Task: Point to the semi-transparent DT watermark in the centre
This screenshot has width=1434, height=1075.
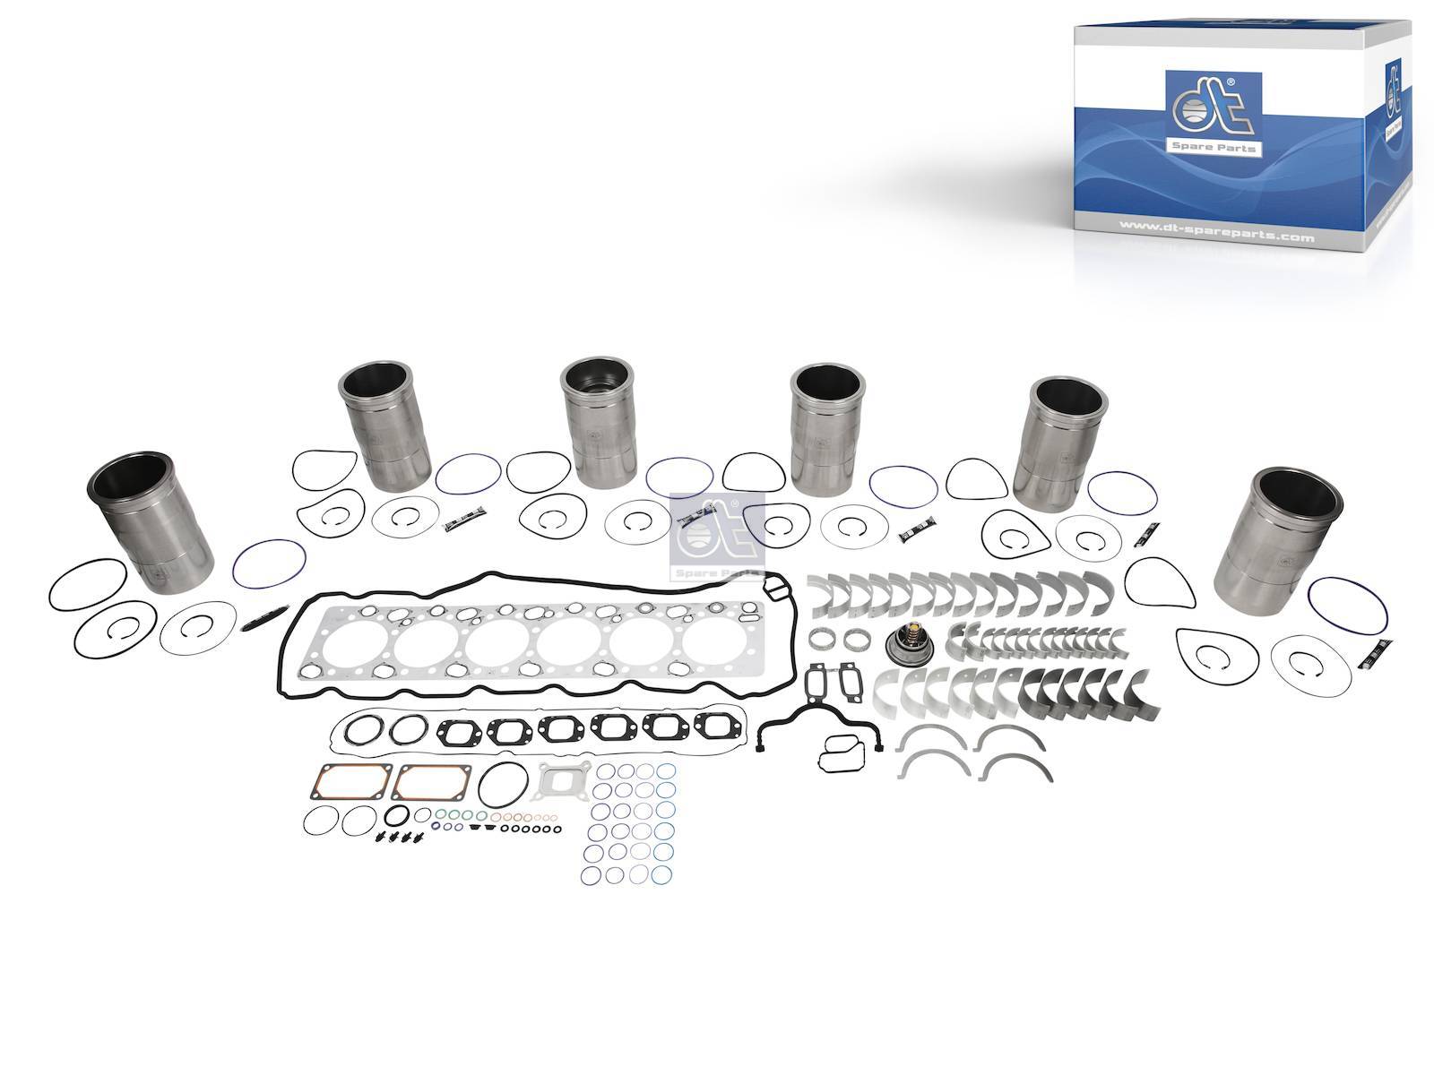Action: (716, 535)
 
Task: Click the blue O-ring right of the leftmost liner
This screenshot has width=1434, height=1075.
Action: (269, 563)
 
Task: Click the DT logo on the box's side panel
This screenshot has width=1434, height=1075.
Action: (1395, 99)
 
